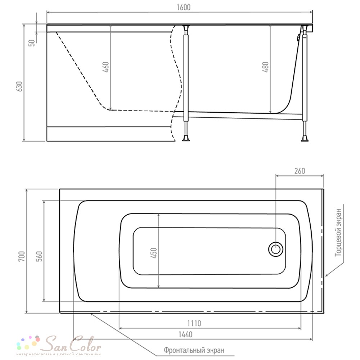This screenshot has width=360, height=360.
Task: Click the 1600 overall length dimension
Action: coord(184,7)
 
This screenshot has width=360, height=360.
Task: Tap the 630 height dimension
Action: coord(20,86)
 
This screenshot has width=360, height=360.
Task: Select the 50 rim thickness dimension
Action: coord(32,43)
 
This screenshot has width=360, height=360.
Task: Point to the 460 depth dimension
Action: coord(106,67)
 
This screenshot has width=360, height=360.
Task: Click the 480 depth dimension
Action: coord(265,67)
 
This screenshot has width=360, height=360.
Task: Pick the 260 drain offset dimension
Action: coord(300,171)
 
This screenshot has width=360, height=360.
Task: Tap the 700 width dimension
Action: coord(22,256)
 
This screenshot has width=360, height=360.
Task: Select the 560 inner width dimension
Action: coord(39,256)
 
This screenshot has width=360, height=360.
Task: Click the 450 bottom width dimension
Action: coord(154,253)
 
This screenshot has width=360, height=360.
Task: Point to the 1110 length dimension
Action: coord(194,323)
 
